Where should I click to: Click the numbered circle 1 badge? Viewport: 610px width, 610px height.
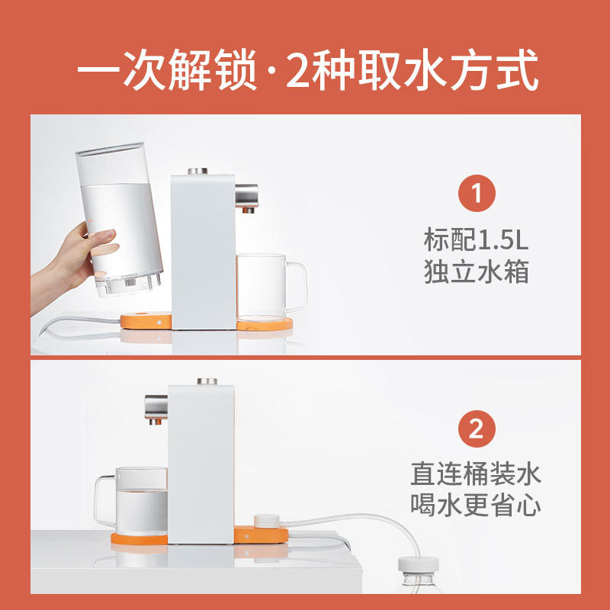tap(477, 194)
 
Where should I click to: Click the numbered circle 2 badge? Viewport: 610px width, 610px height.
tap(477, 429)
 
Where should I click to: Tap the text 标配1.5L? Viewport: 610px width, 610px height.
tap(476, 239)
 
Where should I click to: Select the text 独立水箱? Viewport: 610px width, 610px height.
tap(476, 271)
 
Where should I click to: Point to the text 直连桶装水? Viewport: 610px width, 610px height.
tap(476, 474)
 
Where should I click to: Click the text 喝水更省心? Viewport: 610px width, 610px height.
tap(476, 506)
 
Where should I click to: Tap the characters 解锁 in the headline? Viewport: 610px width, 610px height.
tap(213, 70)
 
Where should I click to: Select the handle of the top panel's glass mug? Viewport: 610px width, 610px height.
tap(297, 286)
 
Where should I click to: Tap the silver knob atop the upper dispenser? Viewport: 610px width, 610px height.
tap(197, 171)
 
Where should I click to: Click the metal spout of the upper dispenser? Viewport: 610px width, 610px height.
tap(246, 197)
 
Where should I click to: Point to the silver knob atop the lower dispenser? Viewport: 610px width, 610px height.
tap(207, 381)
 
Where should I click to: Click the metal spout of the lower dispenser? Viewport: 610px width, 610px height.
tap(156, 409)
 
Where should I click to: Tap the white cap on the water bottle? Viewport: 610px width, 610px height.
tap(418, 564)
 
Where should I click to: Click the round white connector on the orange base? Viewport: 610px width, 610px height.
tap(266, 522)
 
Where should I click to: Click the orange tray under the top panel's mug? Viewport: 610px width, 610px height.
tap(265, 323)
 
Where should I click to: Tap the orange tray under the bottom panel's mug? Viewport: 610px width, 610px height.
tap(140, 538)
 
